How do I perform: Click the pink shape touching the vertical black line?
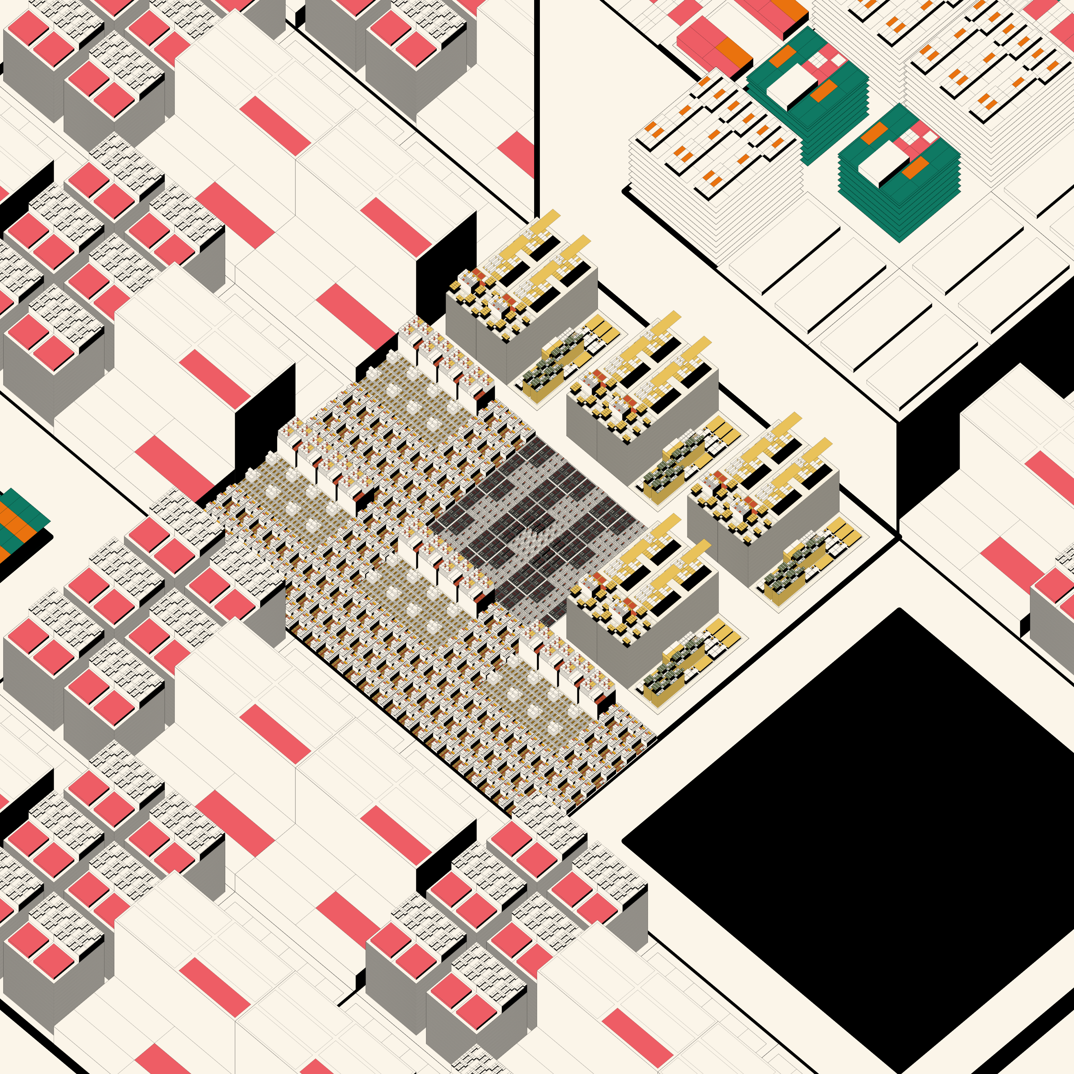[x=520, y=153]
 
